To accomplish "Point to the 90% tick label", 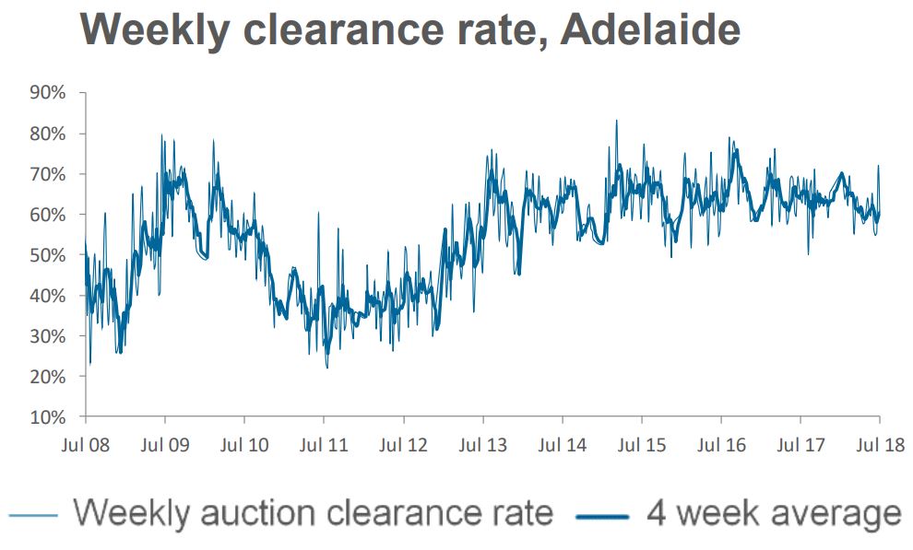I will coord(48,93).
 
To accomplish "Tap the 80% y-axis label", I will coord(48,134).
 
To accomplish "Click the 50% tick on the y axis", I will coord(48,255).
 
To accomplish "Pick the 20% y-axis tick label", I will coord(48,377).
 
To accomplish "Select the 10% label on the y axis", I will coord(48,417).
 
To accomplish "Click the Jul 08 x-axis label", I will coord(86,446).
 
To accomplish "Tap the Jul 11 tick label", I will coord(324,446).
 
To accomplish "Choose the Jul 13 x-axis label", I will coord(482,446).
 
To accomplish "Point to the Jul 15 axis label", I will coord(642,446).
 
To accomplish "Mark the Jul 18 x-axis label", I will coord(880,446).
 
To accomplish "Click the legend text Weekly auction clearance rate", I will coord(314,511).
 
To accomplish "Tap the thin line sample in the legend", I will coord(37,513).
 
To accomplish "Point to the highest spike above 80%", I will coord(616,121).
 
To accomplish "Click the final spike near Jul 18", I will coord(878,166).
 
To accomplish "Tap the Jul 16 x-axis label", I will coord(721,446).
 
